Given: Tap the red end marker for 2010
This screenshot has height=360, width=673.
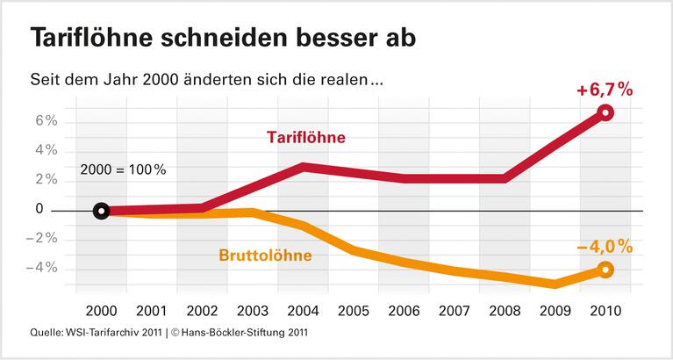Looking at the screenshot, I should [605, 112].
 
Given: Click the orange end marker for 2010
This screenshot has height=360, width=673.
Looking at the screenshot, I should [605, 270].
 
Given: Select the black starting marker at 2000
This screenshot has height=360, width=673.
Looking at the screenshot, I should [101, 211].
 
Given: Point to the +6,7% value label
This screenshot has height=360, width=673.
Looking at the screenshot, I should [605, 90].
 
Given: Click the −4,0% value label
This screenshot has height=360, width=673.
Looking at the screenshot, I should [605, 247].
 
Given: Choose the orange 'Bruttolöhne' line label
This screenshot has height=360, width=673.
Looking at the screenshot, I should [267, 256].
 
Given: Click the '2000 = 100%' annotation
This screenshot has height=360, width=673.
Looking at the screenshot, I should [122, 169].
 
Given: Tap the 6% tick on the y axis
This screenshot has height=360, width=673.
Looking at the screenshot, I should [46, 121].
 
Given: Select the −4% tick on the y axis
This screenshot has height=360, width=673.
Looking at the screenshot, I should [43, 267].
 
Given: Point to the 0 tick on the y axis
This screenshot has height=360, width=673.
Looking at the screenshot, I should [39, 209].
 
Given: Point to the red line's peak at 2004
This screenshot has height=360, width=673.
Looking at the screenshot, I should [303, 166].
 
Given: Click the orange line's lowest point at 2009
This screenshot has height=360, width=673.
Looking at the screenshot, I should [555, 284].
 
